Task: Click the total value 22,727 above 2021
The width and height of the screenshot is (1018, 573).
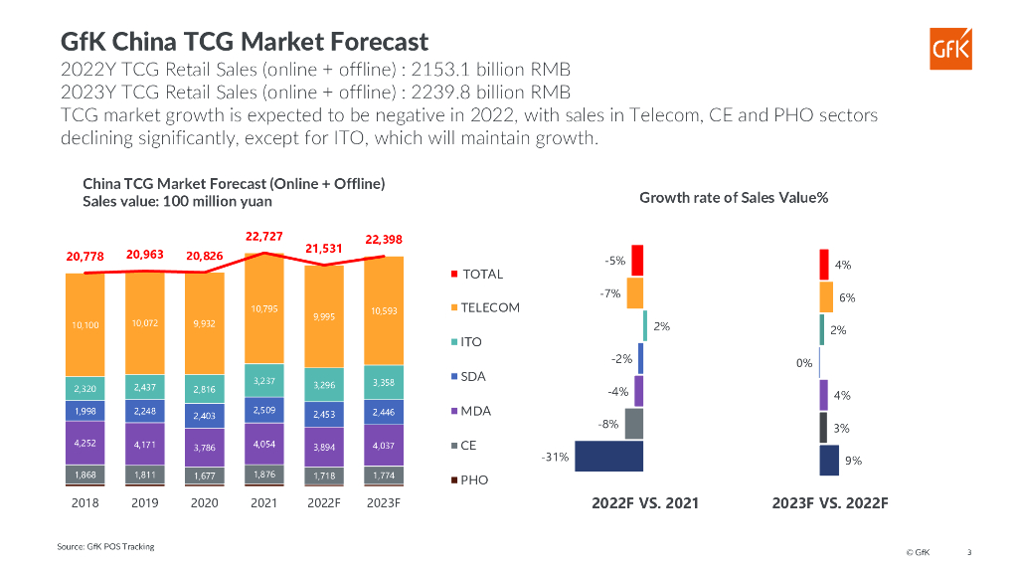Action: (x=264, y=237)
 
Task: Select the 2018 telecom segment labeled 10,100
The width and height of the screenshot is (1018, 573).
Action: (x=85, y=324)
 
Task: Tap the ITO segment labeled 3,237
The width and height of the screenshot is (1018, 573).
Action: (x=264, y=380)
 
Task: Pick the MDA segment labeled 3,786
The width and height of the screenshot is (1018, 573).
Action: (x=205, y=448)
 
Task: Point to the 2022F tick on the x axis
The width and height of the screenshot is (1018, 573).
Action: (x=324, y=503)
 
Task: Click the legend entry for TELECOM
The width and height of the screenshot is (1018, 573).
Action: (x=489, y=307)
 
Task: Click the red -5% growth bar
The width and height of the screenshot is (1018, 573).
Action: (x=637, y=260)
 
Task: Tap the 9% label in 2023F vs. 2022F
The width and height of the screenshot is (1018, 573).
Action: (x=853, y=461)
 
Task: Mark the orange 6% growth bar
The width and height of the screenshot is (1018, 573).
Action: (x=826, y=296)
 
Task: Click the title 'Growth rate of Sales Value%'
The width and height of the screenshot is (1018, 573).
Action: (x=734, y=197)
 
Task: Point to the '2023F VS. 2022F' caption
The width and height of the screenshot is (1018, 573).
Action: (x=830, y=503)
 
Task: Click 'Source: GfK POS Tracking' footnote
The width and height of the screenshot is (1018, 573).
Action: (x=104, y=547)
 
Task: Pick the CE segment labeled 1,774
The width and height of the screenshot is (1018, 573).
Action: (x=384, y=476)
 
